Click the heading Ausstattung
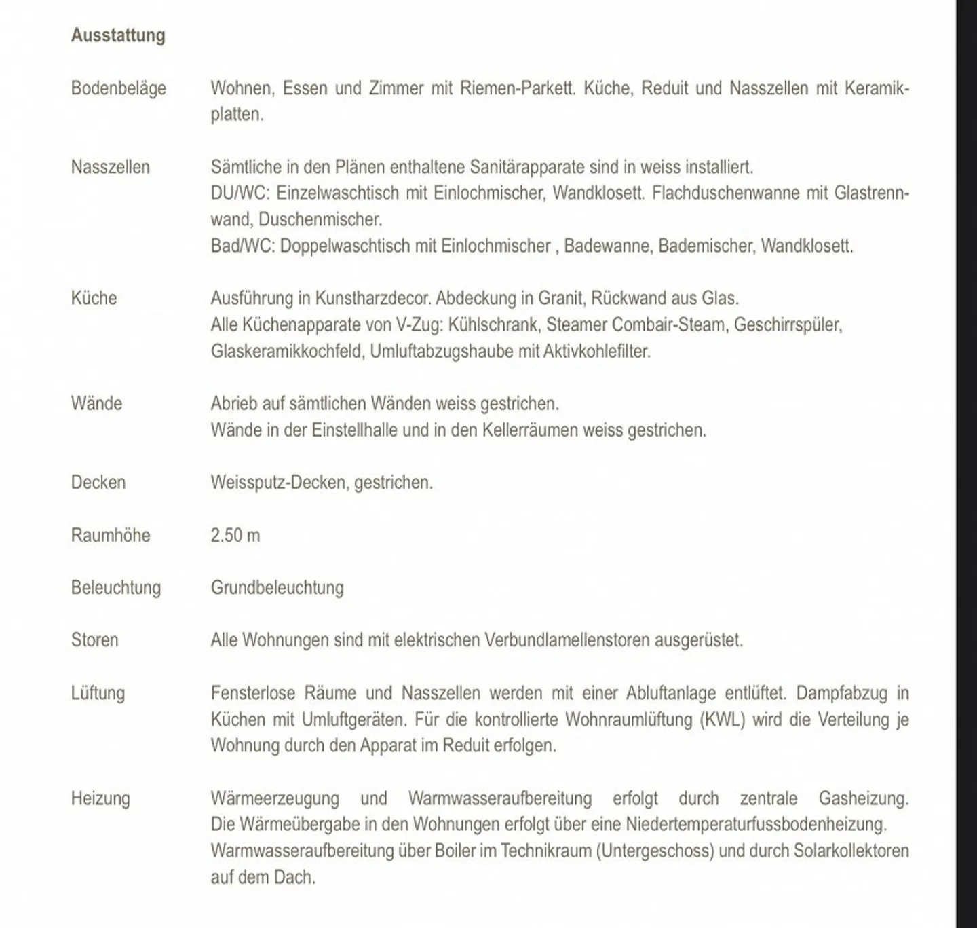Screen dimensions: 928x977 coord(118,35)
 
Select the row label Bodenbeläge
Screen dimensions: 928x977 coord(119,88)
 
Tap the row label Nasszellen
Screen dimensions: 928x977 coord(111,167)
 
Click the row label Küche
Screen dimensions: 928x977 coord(94,298)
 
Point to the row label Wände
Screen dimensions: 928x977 coord(96,403)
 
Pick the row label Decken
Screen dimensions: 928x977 coord(98,483)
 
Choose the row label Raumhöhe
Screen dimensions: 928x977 coord(111,535)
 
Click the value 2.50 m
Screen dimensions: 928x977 coord(235,535)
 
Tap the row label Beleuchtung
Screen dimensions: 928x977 coord(116,588)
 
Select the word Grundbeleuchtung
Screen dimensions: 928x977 coord(277,588)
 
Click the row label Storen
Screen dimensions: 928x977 coord(95,640)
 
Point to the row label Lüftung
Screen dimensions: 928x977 coord(98,693)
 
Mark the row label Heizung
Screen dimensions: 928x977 coord(100,798)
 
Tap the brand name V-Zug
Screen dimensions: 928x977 coord(419,324)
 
